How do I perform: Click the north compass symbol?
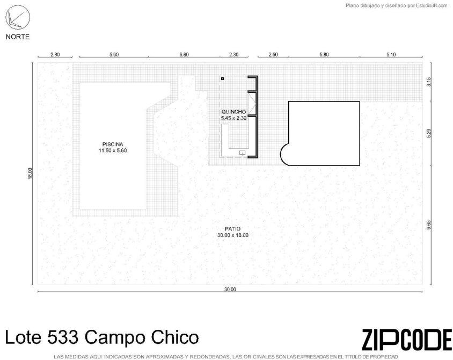tap(18, 17)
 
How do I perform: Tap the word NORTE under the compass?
tap(18, 37)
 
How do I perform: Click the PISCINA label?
tap(113, 145)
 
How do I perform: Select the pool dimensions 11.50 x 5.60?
tap(113, 150)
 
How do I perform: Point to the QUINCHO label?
tap(233, 112)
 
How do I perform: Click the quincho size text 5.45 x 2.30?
tap(233, 118)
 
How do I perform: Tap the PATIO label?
tap(233, 229)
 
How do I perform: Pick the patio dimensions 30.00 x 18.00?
tap(233, 235)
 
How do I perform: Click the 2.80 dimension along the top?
tap(55, 54)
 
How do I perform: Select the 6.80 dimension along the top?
tap(184, 54)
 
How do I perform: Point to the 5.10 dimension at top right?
tap(391, 54)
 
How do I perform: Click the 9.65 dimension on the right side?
tap(429, 225)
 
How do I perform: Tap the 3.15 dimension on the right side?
tap(429, 82)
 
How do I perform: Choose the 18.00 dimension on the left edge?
tap(30, 173)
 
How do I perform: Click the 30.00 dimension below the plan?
tap(230, 289)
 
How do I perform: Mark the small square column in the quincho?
tap(222, 78)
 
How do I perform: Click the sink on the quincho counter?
tap(242, 153)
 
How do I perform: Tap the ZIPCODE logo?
tap(407, 340)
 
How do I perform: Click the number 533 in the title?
tap(63, 337)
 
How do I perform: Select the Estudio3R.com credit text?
tap(432, 5)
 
